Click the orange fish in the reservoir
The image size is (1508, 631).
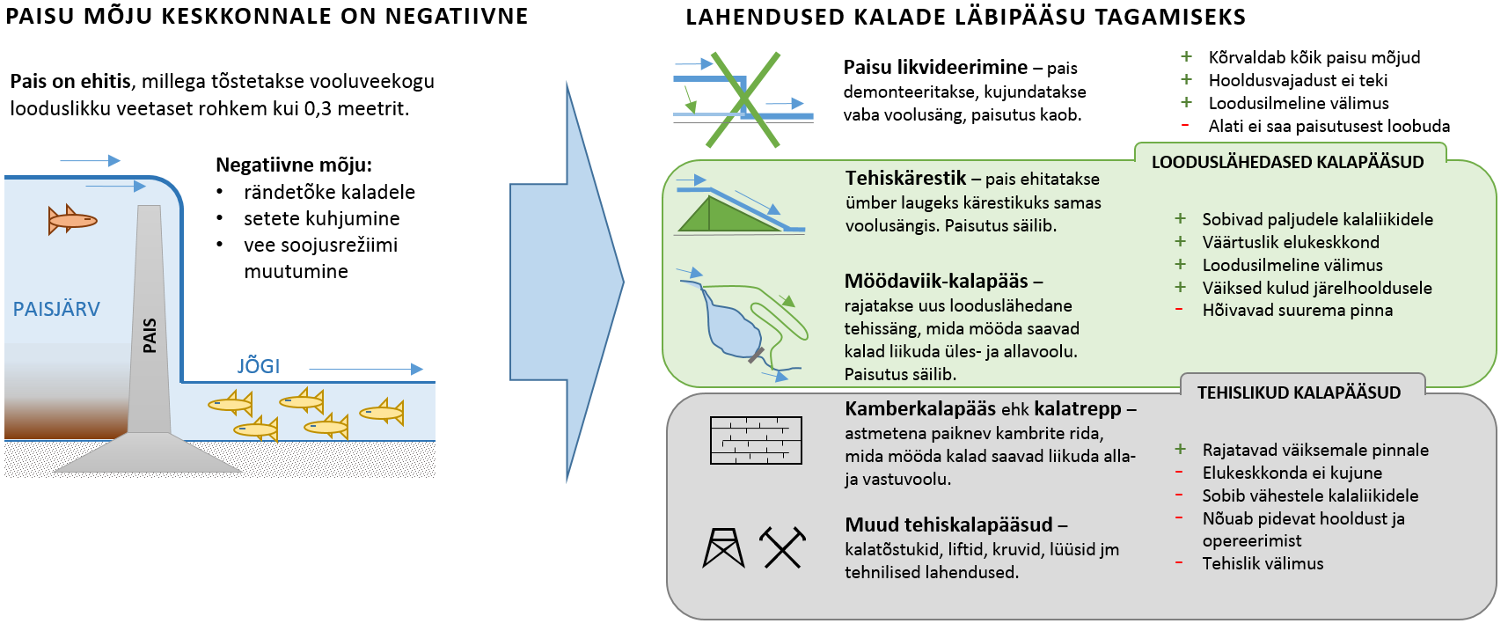[73, 219]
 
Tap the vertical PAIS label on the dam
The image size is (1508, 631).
[150, 335]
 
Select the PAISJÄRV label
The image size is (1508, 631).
[56, 309]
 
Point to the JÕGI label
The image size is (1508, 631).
[259, 366]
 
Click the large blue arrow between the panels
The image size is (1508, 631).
[567, 282]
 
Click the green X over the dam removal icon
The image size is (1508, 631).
[743, 99]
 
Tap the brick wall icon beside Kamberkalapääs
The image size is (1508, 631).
[756, 440]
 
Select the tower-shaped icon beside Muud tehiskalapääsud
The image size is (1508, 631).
[724, 547]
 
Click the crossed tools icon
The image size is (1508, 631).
[782, 547]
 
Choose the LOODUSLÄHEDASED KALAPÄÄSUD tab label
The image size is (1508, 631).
[1288, 162]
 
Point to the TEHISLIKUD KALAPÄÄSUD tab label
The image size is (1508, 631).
[1299, 393]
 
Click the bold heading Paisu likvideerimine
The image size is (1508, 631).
[936, 68]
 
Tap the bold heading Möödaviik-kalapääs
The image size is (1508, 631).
[936, 281]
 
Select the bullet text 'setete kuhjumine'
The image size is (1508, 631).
[322, 218]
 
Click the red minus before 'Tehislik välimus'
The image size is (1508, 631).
[1180, 563]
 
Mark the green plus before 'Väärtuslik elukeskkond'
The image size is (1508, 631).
[1180, 242]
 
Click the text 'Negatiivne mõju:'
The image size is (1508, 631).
[294, 165]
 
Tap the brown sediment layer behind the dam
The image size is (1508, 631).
[66, 417]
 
